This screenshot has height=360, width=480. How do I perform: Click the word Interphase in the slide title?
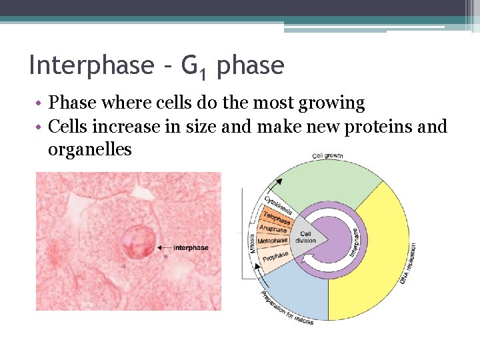pos(91,65)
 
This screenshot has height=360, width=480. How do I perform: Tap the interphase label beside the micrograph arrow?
pos(191,248)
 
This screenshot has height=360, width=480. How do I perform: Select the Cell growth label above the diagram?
pos(327,156)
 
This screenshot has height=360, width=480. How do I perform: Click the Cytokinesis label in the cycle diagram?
pos(278,205)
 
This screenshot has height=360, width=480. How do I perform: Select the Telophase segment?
pos(276,219)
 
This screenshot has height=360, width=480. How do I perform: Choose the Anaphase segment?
pos(273,229)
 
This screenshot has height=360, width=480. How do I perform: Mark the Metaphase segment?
pos(273,240)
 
